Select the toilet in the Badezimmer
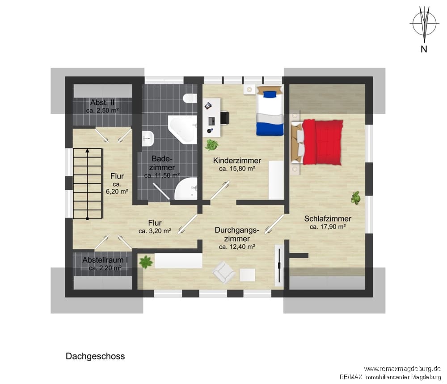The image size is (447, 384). click(x=190, y=98)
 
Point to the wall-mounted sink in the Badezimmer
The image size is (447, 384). click(x=148, y=138)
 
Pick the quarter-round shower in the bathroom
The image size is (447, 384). click(x=186, y=188)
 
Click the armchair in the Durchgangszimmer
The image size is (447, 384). click(x=224, y=273)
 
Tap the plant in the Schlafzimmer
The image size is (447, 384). click(x=355, y=197)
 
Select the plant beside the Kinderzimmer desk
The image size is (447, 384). click(x=212, y=145)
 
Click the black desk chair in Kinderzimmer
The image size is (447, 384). click(x=225, y=118)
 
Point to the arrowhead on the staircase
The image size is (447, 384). click(x=88, y=150)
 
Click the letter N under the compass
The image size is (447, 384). click(x=424, y=49)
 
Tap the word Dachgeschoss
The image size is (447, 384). click(x=95, y=356)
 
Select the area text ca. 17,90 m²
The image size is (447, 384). click(x=328, y=227)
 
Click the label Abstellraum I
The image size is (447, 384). click(x=105, y=260)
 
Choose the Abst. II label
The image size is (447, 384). click(x=102, y=102)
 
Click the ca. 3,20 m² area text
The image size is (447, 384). click(x=155, y=231)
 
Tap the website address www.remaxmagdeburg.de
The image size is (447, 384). click(x=403, y=369)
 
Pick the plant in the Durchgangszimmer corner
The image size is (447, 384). click(x=146, y=262)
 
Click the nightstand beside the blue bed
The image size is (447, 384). click(x=250, y=89)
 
